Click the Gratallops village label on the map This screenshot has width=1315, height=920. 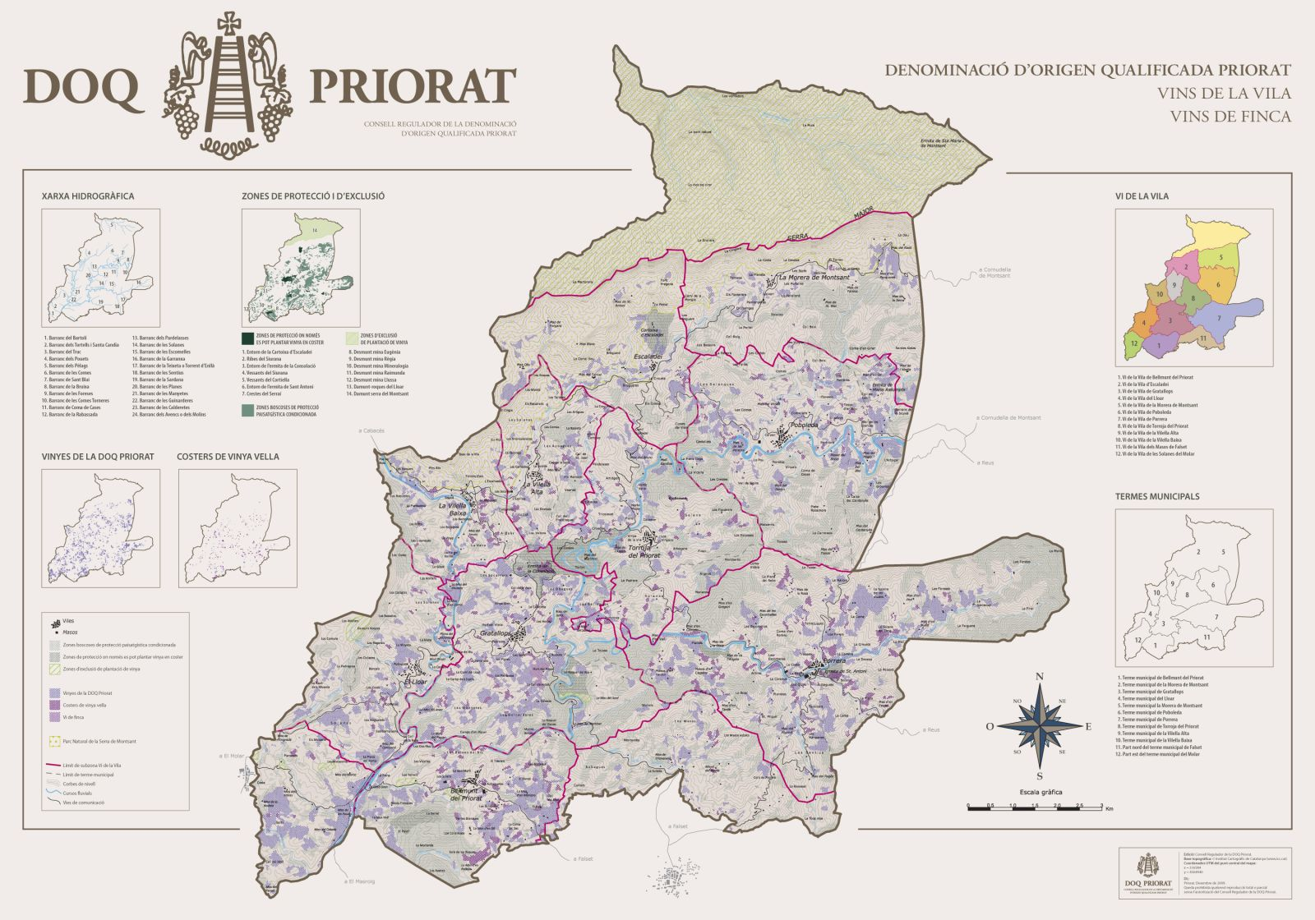(x=498, y=633)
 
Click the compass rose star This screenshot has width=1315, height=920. (x=1040, y=725)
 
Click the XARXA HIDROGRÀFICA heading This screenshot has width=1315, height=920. (x=87, y=197)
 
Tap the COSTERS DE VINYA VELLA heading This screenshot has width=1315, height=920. (x=228, y=457)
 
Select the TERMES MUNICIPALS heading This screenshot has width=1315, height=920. (x=1157, y=496)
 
